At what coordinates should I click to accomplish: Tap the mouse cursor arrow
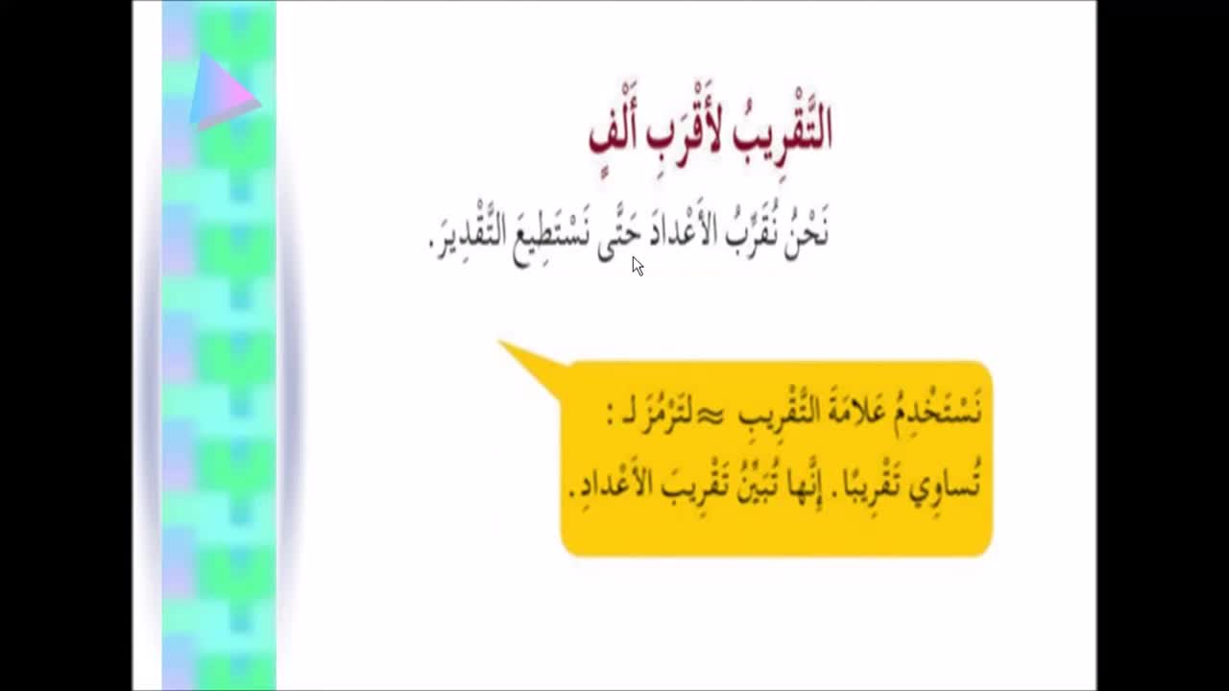pyautogui.click(x=638, y=266)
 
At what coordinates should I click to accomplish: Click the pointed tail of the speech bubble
pyautogui.click(x=498, y=341)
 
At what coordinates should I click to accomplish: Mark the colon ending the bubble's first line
pyautogui.click(x=610, y=416)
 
